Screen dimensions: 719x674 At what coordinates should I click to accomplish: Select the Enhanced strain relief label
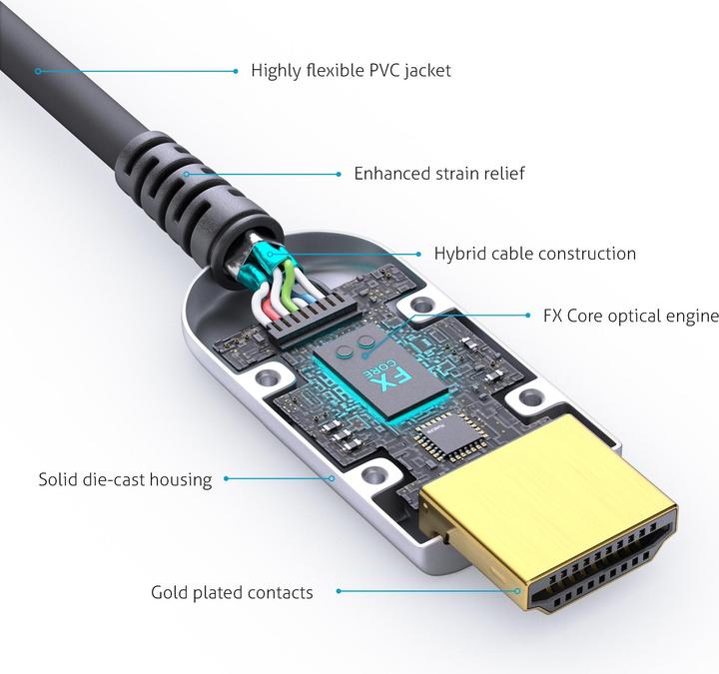point(439,174)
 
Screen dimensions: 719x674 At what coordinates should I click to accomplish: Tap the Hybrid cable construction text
point(534,254)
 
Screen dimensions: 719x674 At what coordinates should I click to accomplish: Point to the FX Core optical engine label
point(630,317)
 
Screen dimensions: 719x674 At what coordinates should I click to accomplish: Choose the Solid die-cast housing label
point(126,479)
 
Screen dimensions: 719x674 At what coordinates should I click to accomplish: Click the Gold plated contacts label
point(232,592)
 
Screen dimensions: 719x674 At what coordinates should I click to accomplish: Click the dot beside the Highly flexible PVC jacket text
point(236,71)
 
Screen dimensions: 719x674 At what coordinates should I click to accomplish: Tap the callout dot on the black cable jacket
point(37,70)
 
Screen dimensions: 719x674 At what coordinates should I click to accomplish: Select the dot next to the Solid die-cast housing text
point(227,479)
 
